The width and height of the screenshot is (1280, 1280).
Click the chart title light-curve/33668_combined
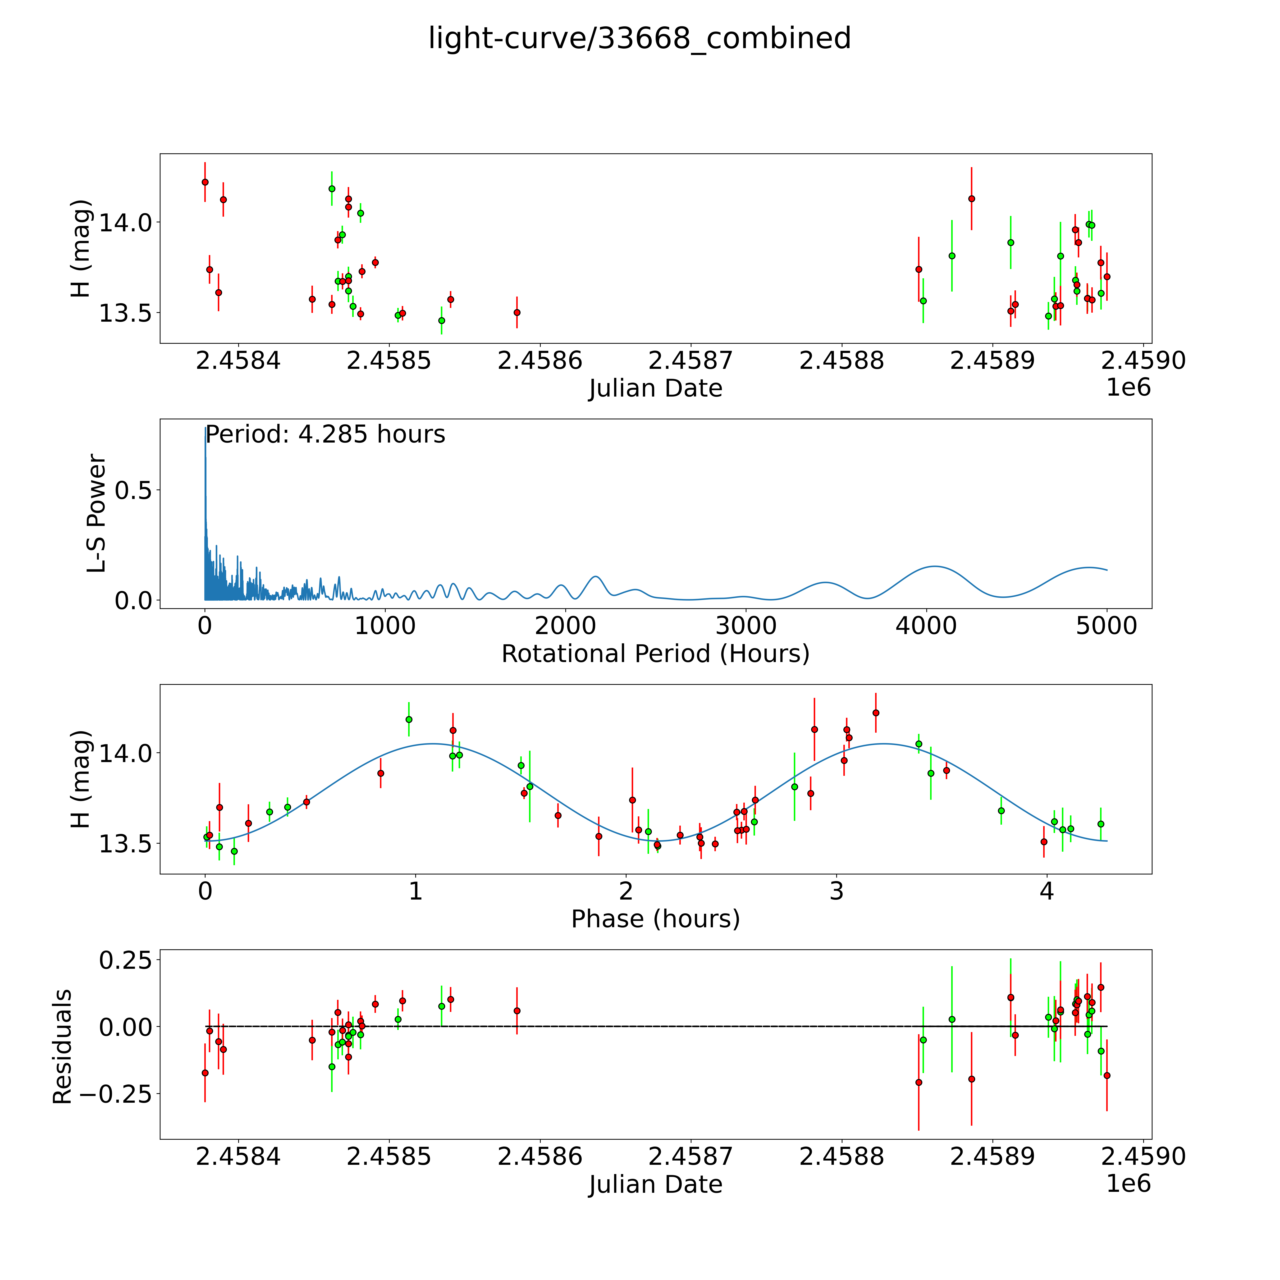(x=639, y=38)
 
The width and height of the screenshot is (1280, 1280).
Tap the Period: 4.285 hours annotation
(x=325, y=435)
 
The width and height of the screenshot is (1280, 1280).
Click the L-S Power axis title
(x=97, y=513)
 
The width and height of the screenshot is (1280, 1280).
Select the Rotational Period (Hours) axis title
(x=655, y=654)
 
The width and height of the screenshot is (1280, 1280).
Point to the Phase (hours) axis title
(x=655, y=919)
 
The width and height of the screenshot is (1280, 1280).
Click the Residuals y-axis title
(x=62, y=1047)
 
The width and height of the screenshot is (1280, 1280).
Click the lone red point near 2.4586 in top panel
(x=517, y=312)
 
